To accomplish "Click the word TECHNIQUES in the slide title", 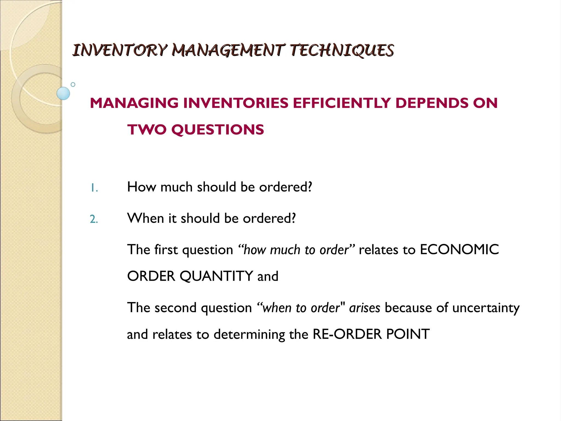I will [x=342, y=50].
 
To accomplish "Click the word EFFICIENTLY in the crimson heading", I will [x=342, y=103].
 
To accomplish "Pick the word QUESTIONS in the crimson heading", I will [x=218, y=129].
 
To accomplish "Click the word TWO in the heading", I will [x=147, y=129].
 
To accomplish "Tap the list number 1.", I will [x=94, y=188].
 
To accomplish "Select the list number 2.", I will [x=94, y=219].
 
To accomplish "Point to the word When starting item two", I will [x=145, y=218].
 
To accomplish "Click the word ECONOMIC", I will [x=459, y=250].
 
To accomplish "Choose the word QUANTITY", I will [x=216, y=276].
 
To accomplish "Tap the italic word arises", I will [x=365, y=308].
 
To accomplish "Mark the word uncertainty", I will [x=486, y=308].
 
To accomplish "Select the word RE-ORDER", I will [x=347, y=334].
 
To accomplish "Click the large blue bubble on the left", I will [x=63, y=93].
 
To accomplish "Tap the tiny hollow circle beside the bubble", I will [x=73, y=84].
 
